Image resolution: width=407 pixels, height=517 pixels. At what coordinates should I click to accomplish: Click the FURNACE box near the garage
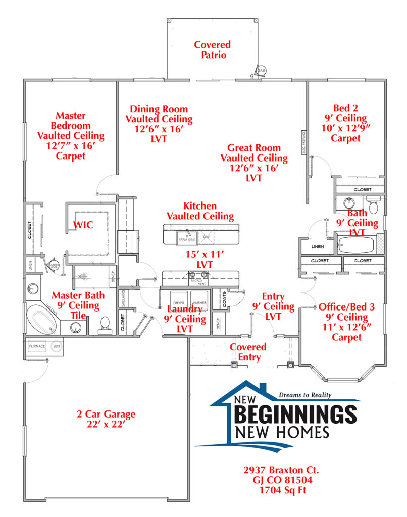click(x=37, y=346)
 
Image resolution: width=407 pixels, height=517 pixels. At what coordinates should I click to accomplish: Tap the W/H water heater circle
click(x=57, y=346)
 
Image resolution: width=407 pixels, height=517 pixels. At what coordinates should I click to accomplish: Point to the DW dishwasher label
click(x=206, y=236)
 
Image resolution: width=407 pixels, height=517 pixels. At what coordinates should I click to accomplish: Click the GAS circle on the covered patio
click(x=262, y=71)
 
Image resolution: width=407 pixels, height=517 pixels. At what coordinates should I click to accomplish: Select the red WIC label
click(x=83, y=225)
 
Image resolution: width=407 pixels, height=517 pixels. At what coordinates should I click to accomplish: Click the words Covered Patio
click(x=212, y=49)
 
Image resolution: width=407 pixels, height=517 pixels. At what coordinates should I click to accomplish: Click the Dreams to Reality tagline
click(x=306, y=395)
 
